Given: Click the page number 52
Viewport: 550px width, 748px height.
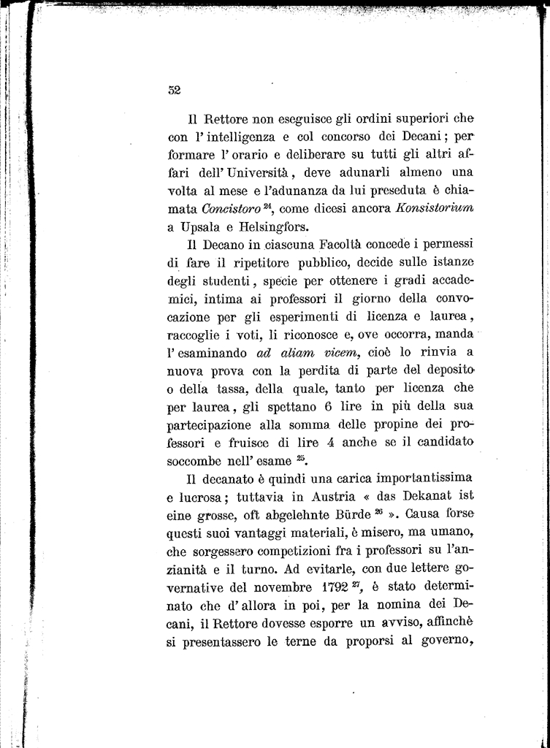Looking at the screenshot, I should [174, 91].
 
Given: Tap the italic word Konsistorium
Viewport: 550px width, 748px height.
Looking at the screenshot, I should [435, 208].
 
